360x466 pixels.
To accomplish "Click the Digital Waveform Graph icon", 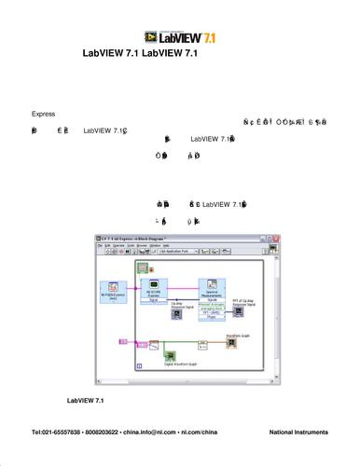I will coord(169,356).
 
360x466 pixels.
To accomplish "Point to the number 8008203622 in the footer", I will coord(109,434).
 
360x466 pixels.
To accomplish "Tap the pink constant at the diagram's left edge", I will coord(120,344).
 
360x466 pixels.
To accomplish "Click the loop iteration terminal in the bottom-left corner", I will coord(140,367).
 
